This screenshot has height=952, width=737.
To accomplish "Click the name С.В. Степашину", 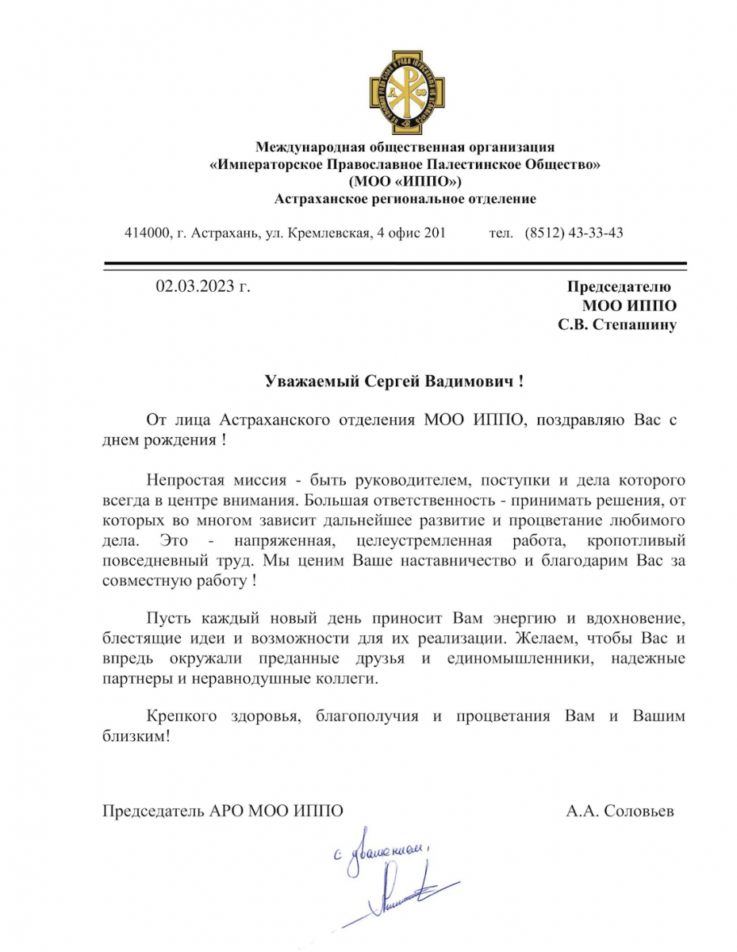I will pyautogui.click(x=616, y=325).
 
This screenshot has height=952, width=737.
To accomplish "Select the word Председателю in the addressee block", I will pyautogui.click(x=618, y=286).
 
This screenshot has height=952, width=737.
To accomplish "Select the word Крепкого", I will pyautogui.click(x=182, y=716).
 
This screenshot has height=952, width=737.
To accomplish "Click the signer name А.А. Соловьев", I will pyautogui.click(x=620, y=812).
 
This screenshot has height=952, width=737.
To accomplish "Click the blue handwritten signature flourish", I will pyautogui.click(x=405, y=892).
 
